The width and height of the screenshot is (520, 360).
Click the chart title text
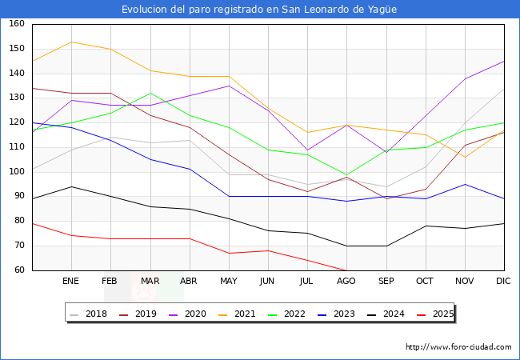(259, 10)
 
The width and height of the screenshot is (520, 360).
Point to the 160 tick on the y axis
(17, 25)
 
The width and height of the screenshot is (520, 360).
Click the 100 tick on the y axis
(17, 173)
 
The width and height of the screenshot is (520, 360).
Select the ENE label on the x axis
(71, 282)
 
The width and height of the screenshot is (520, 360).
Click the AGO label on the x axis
(346, 282)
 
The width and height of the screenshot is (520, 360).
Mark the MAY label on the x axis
(229, 282)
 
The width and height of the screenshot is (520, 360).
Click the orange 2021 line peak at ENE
(71, 42)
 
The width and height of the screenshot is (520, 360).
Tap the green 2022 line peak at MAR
(150, 93)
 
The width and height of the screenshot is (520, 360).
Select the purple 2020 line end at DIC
(504, 62)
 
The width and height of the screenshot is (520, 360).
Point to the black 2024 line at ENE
(71, 186)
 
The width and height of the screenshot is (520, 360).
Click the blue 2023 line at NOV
(465, 184)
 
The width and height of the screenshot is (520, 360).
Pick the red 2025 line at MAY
(229, 254)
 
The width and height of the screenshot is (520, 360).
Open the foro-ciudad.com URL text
(458, 347)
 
